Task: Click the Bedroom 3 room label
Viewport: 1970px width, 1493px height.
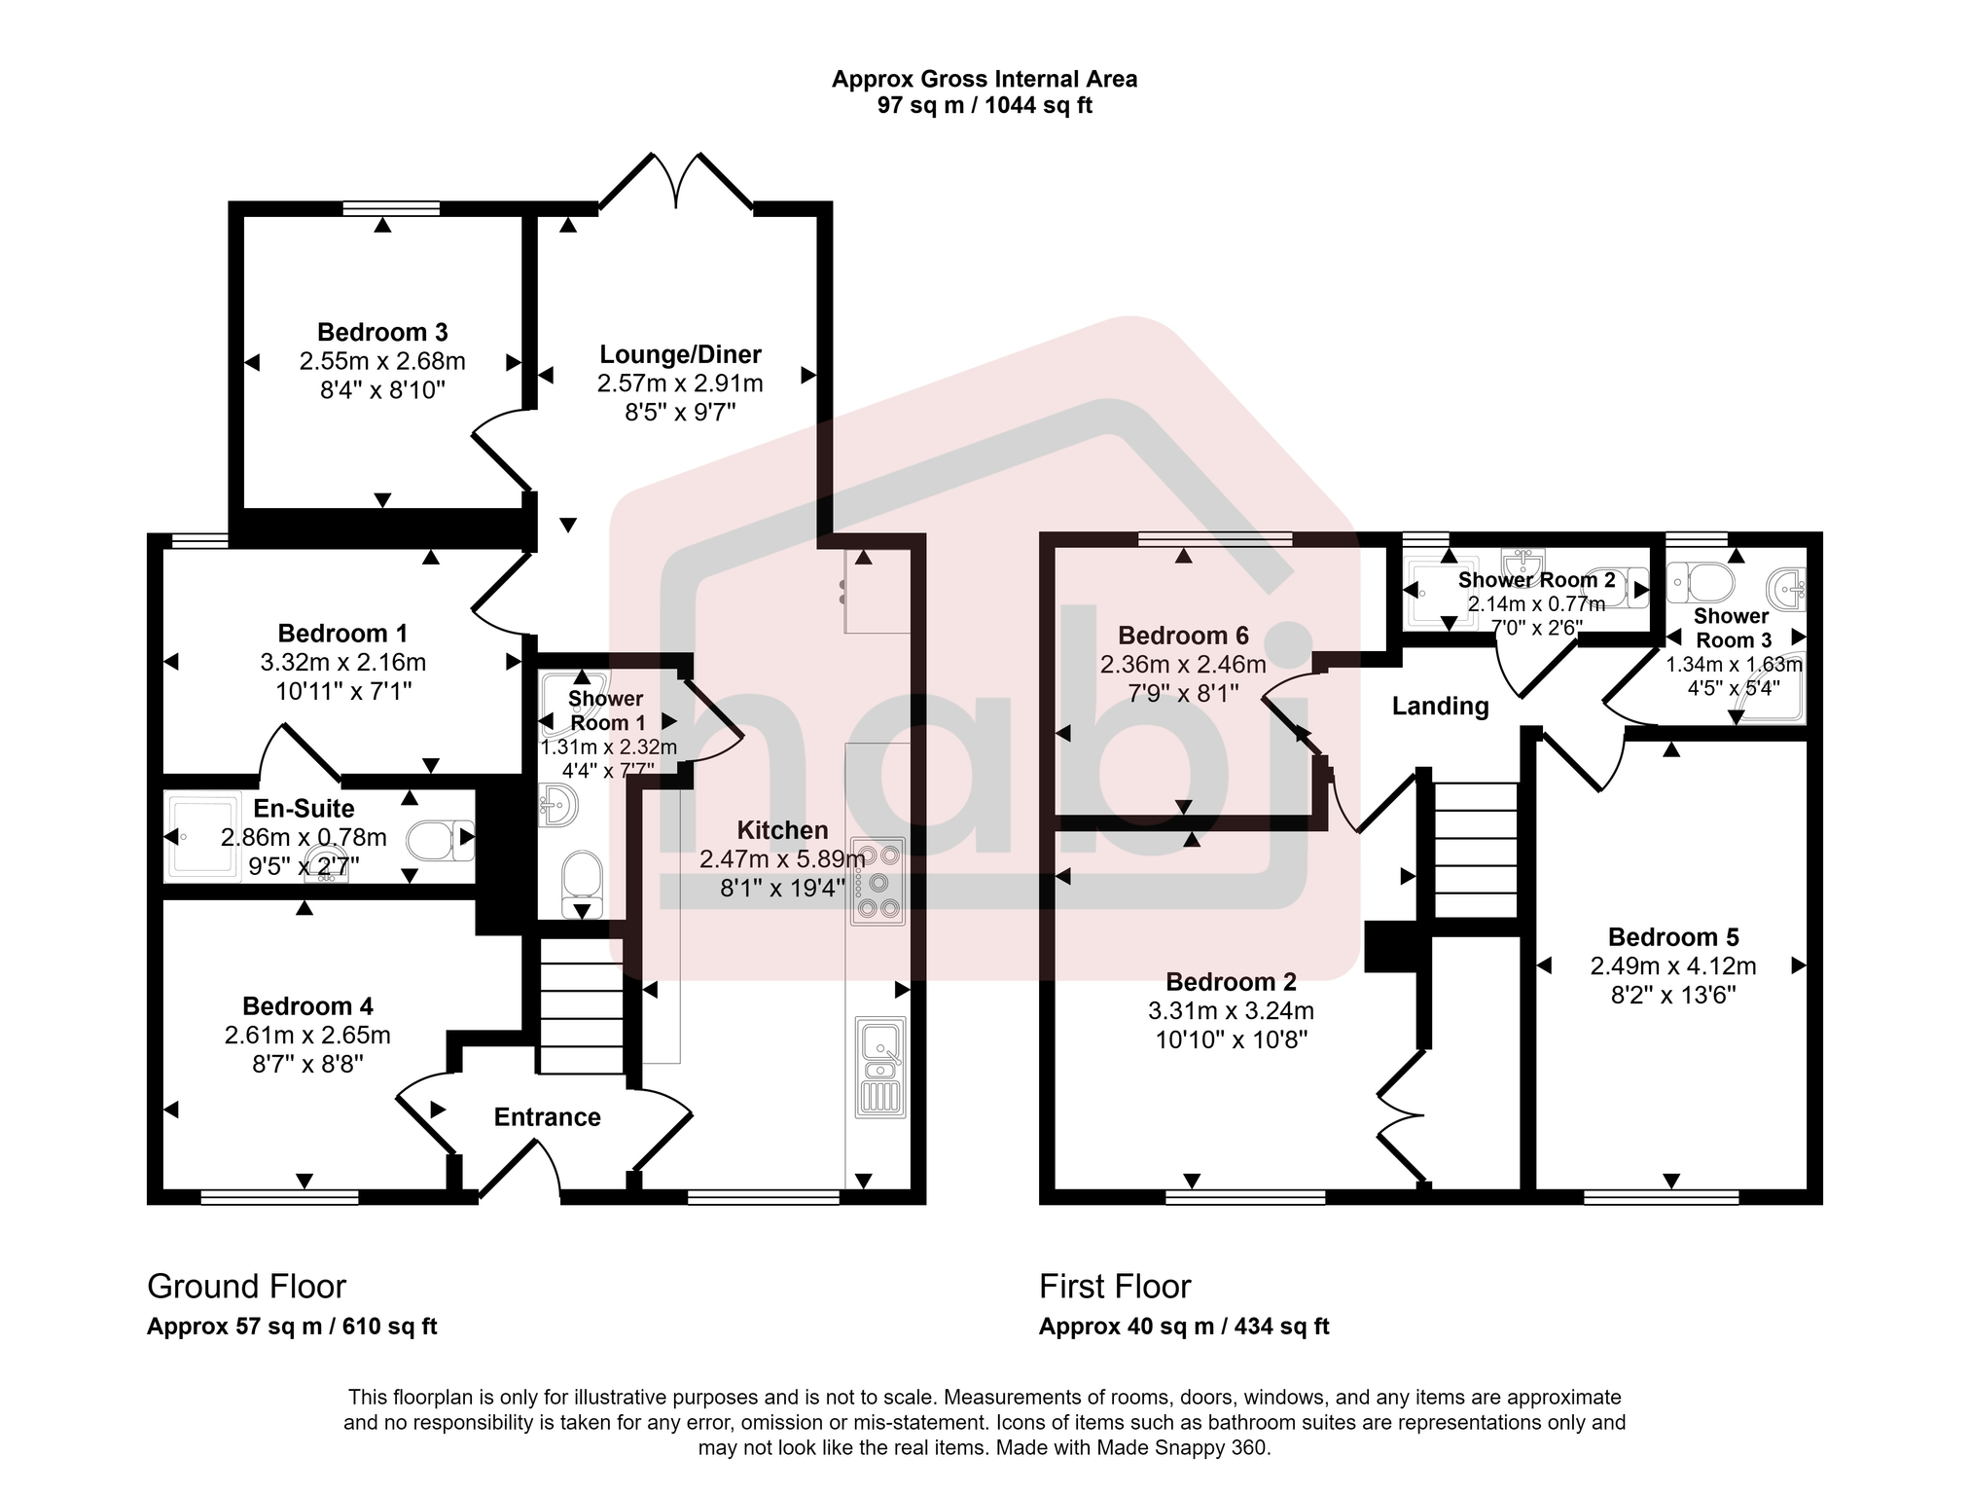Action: point(382,333)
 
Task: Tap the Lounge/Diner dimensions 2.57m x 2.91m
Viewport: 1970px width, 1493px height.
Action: point(679,383)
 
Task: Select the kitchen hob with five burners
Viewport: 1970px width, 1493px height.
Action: point(878,881)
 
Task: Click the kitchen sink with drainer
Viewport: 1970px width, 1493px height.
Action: point(880,1066)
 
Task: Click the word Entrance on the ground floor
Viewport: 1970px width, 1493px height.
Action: point(547,1117)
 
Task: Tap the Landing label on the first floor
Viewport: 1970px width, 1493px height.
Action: point(1440,707)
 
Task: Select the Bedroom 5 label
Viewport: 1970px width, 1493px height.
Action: point(1673,937)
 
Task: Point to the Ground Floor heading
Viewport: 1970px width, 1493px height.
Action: point(246,1287)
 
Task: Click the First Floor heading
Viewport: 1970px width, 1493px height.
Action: point(1115,1287)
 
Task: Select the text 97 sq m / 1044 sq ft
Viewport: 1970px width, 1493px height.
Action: point(985,106)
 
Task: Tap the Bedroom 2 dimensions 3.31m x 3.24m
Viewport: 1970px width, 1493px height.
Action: point(1231,1011)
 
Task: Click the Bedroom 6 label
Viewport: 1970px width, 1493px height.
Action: point(1183,637)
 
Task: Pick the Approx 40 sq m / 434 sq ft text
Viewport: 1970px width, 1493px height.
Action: point(1184,1327)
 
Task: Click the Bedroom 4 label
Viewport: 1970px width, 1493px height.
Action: point(307,1006)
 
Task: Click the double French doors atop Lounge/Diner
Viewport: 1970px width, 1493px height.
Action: point(676,182)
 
